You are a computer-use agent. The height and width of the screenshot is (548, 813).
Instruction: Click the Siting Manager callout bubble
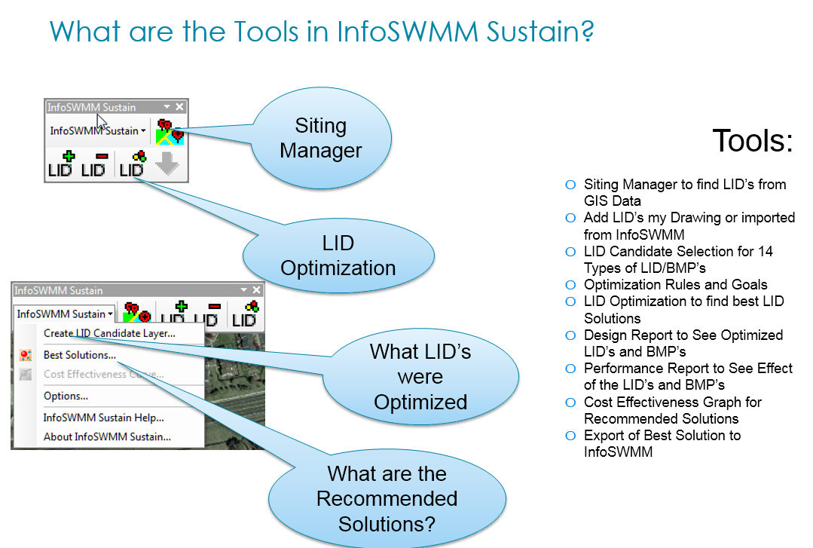click(321, 138)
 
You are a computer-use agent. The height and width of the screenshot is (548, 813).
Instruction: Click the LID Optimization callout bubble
click(338, 256)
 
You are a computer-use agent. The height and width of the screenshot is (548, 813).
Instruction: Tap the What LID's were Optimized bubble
click(420, 377)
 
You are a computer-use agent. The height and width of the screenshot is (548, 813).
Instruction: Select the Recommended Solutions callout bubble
click(387, 498)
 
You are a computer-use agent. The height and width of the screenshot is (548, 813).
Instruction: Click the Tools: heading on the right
click(753, 141)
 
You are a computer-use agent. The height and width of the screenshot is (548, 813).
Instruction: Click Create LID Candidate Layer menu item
click(109, 333)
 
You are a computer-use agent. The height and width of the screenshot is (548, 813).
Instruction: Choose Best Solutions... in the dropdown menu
click(80, 355)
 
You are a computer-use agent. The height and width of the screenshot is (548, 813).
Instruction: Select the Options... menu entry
click(66, 396)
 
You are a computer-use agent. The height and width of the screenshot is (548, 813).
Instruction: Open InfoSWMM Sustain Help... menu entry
click(103, 417)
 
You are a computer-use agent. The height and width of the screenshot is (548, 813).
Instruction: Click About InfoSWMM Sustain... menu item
click(107, 436)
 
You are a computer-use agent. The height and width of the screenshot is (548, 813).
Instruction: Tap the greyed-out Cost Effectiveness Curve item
click(103, 375)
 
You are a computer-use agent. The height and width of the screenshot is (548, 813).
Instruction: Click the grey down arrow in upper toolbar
click(167, 164)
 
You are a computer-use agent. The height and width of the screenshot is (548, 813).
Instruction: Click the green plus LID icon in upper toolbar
click(62, 164)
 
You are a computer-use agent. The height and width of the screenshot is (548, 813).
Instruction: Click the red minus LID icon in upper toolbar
click(93, 164)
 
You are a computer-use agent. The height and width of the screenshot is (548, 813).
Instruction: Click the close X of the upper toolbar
click(179, 107)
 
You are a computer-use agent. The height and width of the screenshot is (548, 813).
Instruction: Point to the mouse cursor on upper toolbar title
click(102, 121)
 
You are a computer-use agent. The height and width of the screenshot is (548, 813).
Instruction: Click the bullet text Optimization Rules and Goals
click(675, 285)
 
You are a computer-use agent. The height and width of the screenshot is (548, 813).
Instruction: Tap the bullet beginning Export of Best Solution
click(662, 436)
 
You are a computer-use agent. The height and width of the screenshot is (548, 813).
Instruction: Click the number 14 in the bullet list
click(766, 251)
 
